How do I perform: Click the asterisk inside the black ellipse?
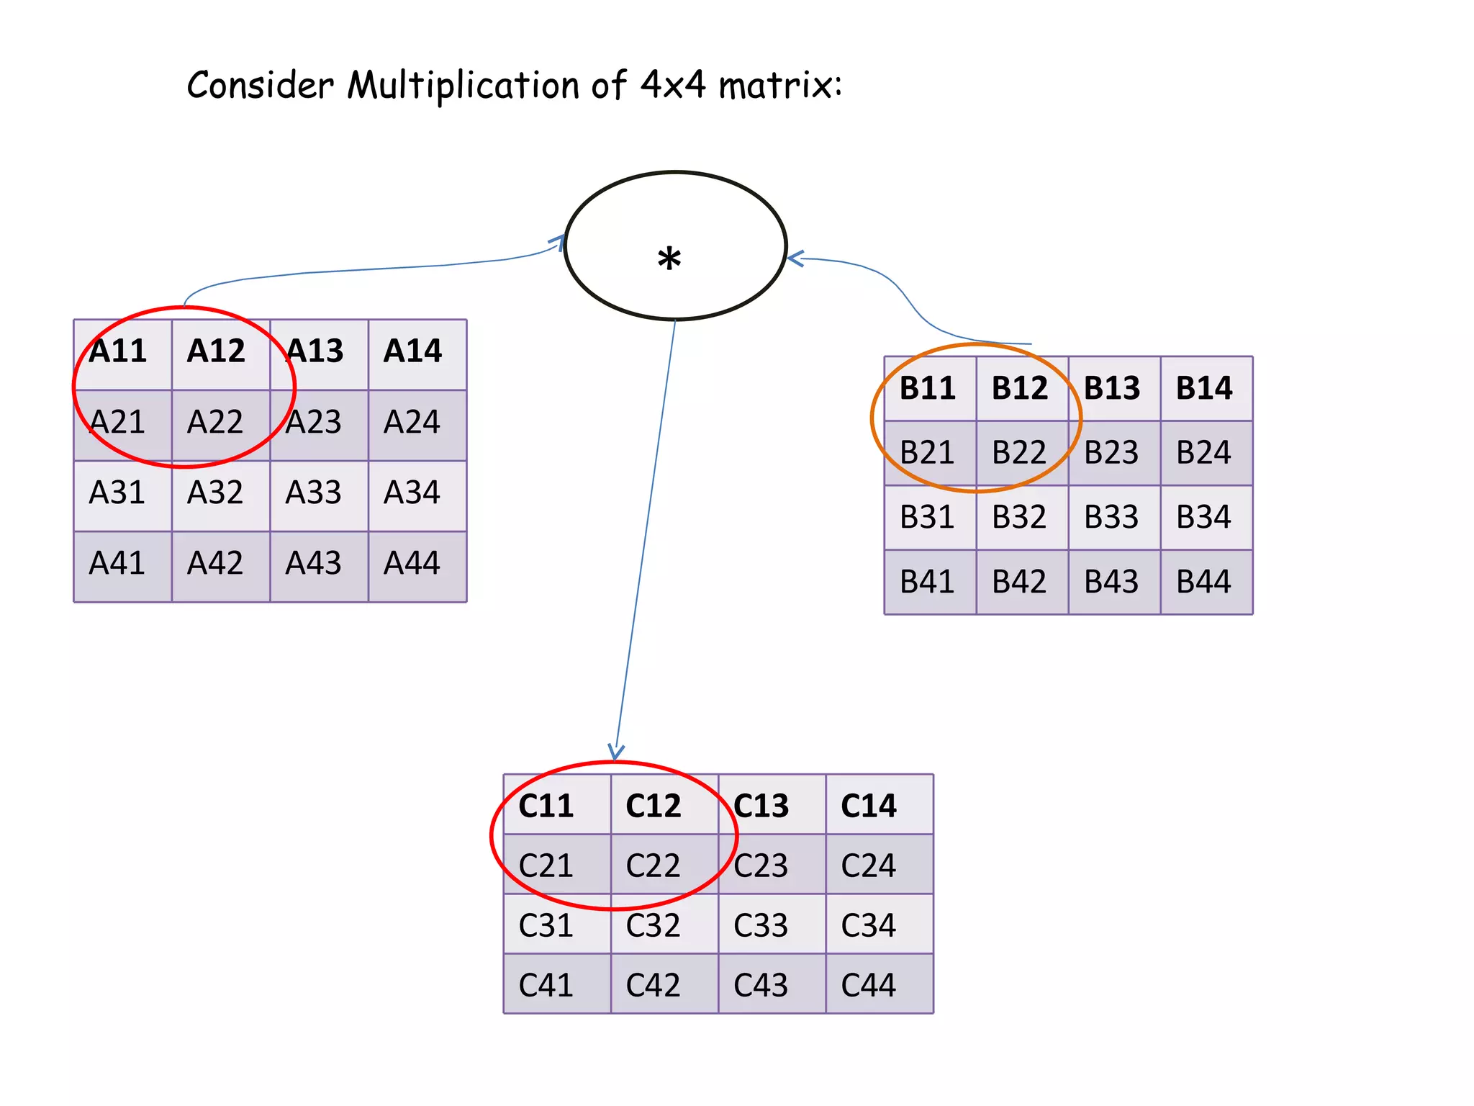click(x=669, y=258)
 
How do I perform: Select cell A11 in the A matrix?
click(x=118, y=351)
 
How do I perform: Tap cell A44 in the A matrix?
click(x=412, y=563)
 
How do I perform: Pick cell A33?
click(x=314, y=493)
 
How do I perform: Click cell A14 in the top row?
click(x=412, y=351)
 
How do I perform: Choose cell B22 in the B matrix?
click(x=1019, y=453)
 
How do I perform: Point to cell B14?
click(x=1204, y=388)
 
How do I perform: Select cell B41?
click(x=927, y=582)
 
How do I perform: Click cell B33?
click(x=1111, y=517)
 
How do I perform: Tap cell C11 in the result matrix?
click(x=546, y=806)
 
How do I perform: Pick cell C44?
click(x=869, y=985)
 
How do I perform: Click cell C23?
click(x=761, y=866)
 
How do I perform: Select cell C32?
click(x=654, y=925)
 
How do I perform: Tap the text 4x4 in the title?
click(x=673, y=84)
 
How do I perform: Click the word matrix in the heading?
click(x=777, y=86)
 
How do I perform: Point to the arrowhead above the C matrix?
click(x=615, y=752)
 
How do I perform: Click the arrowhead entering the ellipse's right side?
click(x=795, y=258)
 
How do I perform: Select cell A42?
click(x=215, y=563)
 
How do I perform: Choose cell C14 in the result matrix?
click(x=869, y=806)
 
